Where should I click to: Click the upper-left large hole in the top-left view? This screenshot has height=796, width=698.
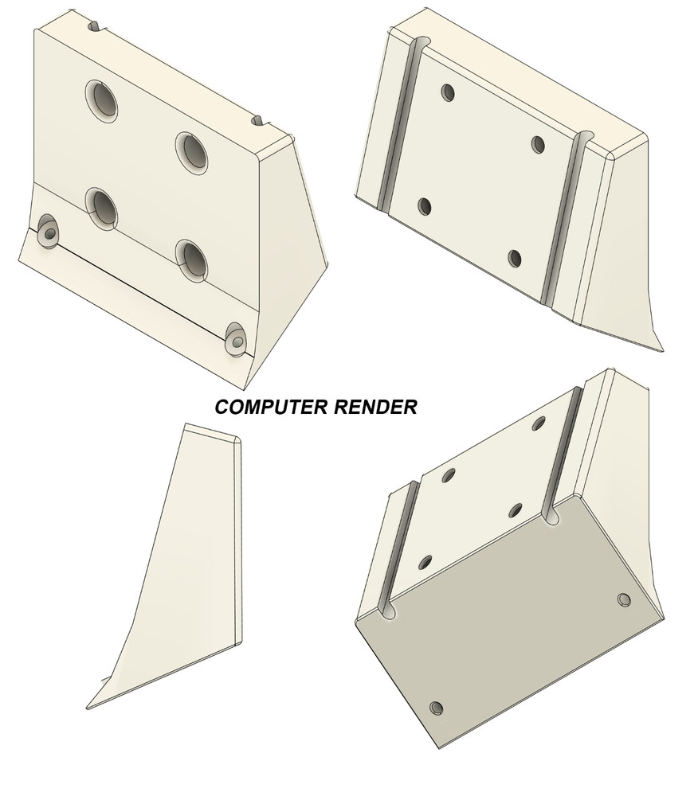point(102,101)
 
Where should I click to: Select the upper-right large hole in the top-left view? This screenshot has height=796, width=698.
point(192,154)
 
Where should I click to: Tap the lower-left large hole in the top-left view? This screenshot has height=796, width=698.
point(102,209)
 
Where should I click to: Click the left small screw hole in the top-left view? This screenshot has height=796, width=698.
point(48,231)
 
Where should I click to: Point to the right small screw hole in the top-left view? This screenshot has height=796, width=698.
point(236,338)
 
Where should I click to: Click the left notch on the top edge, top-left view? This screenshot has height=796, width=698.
point(96,26)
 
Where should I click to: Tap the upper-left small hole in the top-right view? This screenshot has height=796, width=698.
point(449,93)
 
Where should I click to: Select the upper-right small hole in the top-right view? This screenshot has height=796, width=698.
point(539,145)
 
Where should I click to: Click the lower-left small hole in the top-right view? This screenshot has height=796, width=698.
point(425,207)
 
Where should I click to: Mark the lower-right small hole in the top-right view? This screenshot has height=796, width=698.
point(515,259)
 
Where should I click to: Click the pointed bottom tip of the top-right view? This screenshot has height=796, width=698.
point(663,350)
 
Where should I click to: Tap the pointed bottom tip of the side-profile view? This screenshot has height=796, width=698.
point(86,708)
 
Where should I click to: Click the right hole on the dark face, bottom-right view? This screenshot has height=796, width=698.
point(625,600)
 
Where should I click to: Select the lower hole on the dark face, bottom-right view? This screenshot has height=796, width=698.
point(436,708)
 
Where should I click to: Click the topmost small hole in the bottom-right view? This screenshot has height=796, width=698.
point(539,423)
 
